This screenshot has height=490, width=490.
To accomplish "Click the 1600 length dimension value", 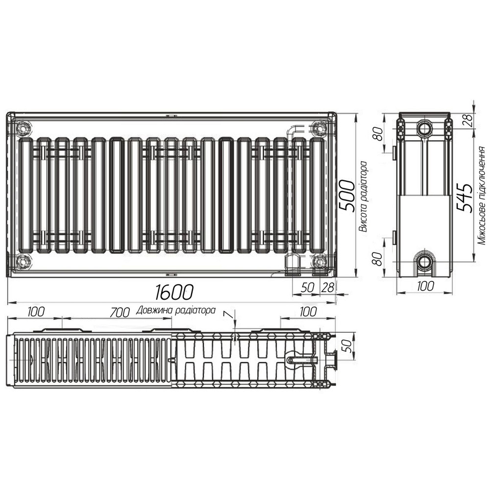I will point(174,293).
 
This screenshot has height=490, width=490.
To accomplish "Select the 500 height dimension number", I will point(346,195).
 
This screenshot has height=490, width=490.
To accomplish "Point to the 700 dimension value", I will point(120,312).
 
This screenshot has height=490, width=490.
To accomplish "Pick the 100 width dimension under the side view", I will point(424,286).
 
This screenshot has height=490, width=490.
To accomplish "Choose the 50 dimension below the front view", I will point(307,288).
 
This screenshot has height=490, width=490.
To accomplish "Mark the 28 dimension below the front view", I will point(326,288).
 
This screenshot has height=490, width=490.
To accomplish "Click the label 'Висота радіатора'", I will point(363,196).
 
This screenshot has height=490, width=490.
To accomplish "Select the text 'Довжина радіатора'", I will point(176,310).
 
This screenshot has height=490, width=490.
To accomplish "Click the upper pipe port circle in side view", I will point(424,129).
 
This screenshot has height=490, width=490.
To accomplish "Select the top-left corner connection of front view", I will point(23,128).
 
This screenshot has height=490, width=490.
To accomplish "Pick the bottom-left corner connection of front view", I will point(23,261).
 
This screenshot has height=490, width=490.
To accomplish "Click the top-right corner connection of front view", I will point(319,128).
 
